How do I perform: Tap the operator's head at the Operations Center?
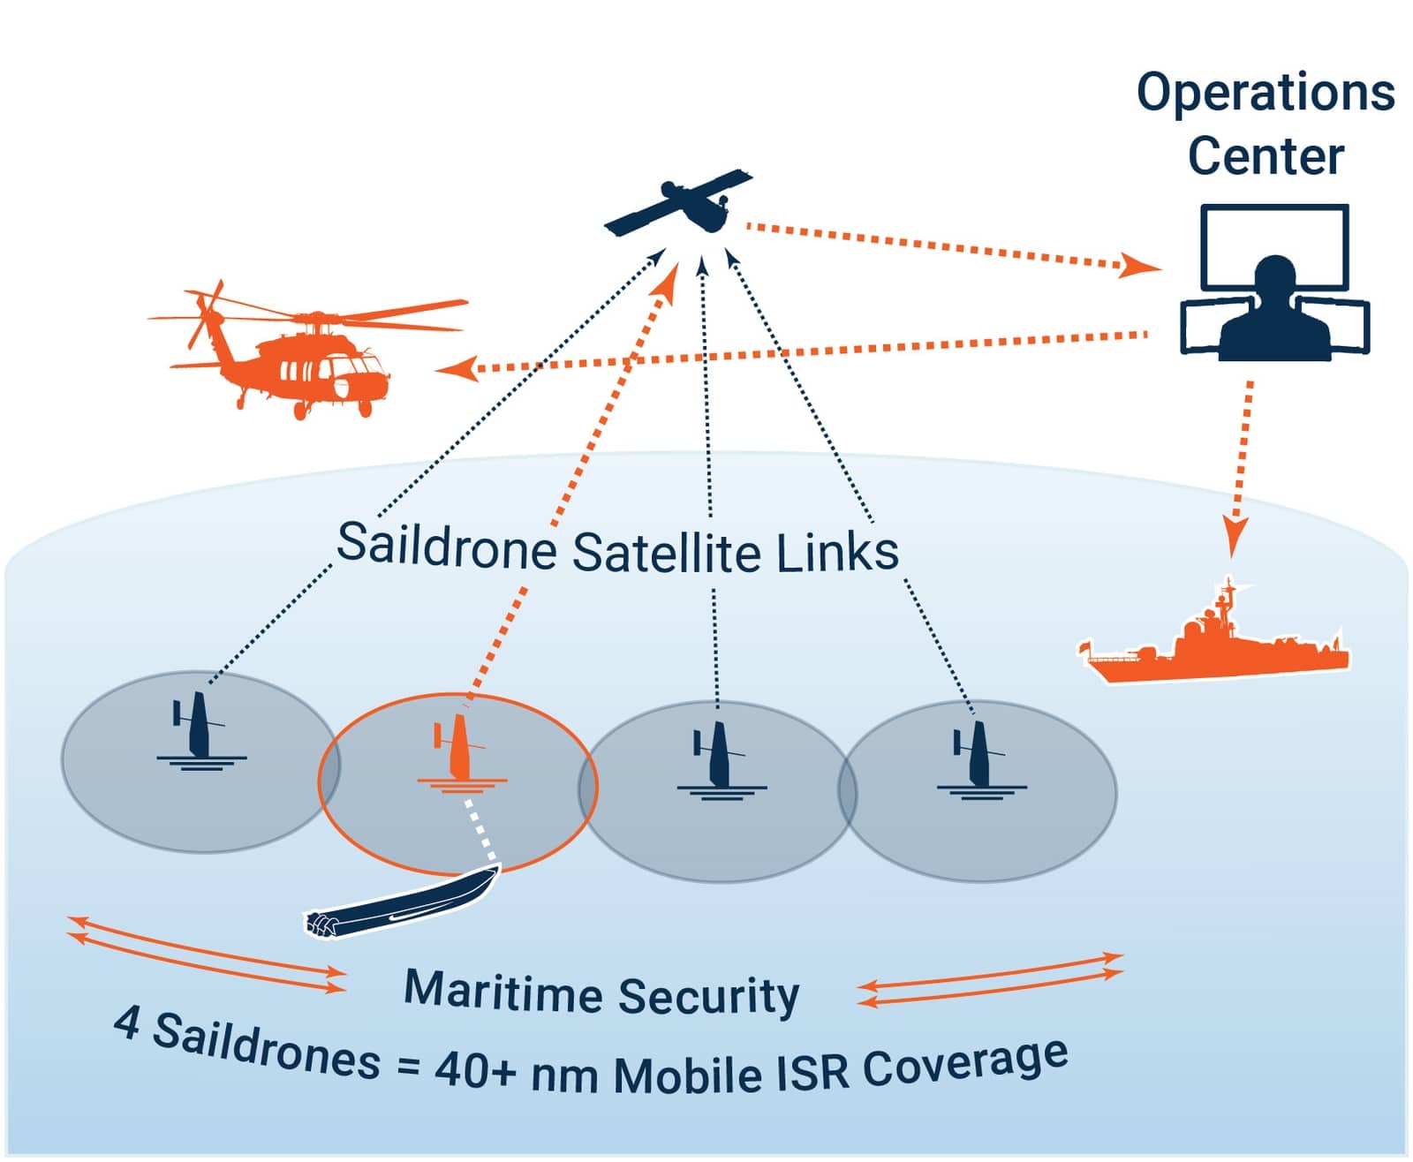click(1273, 275)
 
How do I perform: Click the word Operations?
click(1265, 93)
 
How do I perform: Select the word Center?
click(1265, 156)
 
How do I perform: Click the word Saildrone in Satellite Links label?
click(446, 546)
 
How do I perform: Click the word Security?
click(708, 997)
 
